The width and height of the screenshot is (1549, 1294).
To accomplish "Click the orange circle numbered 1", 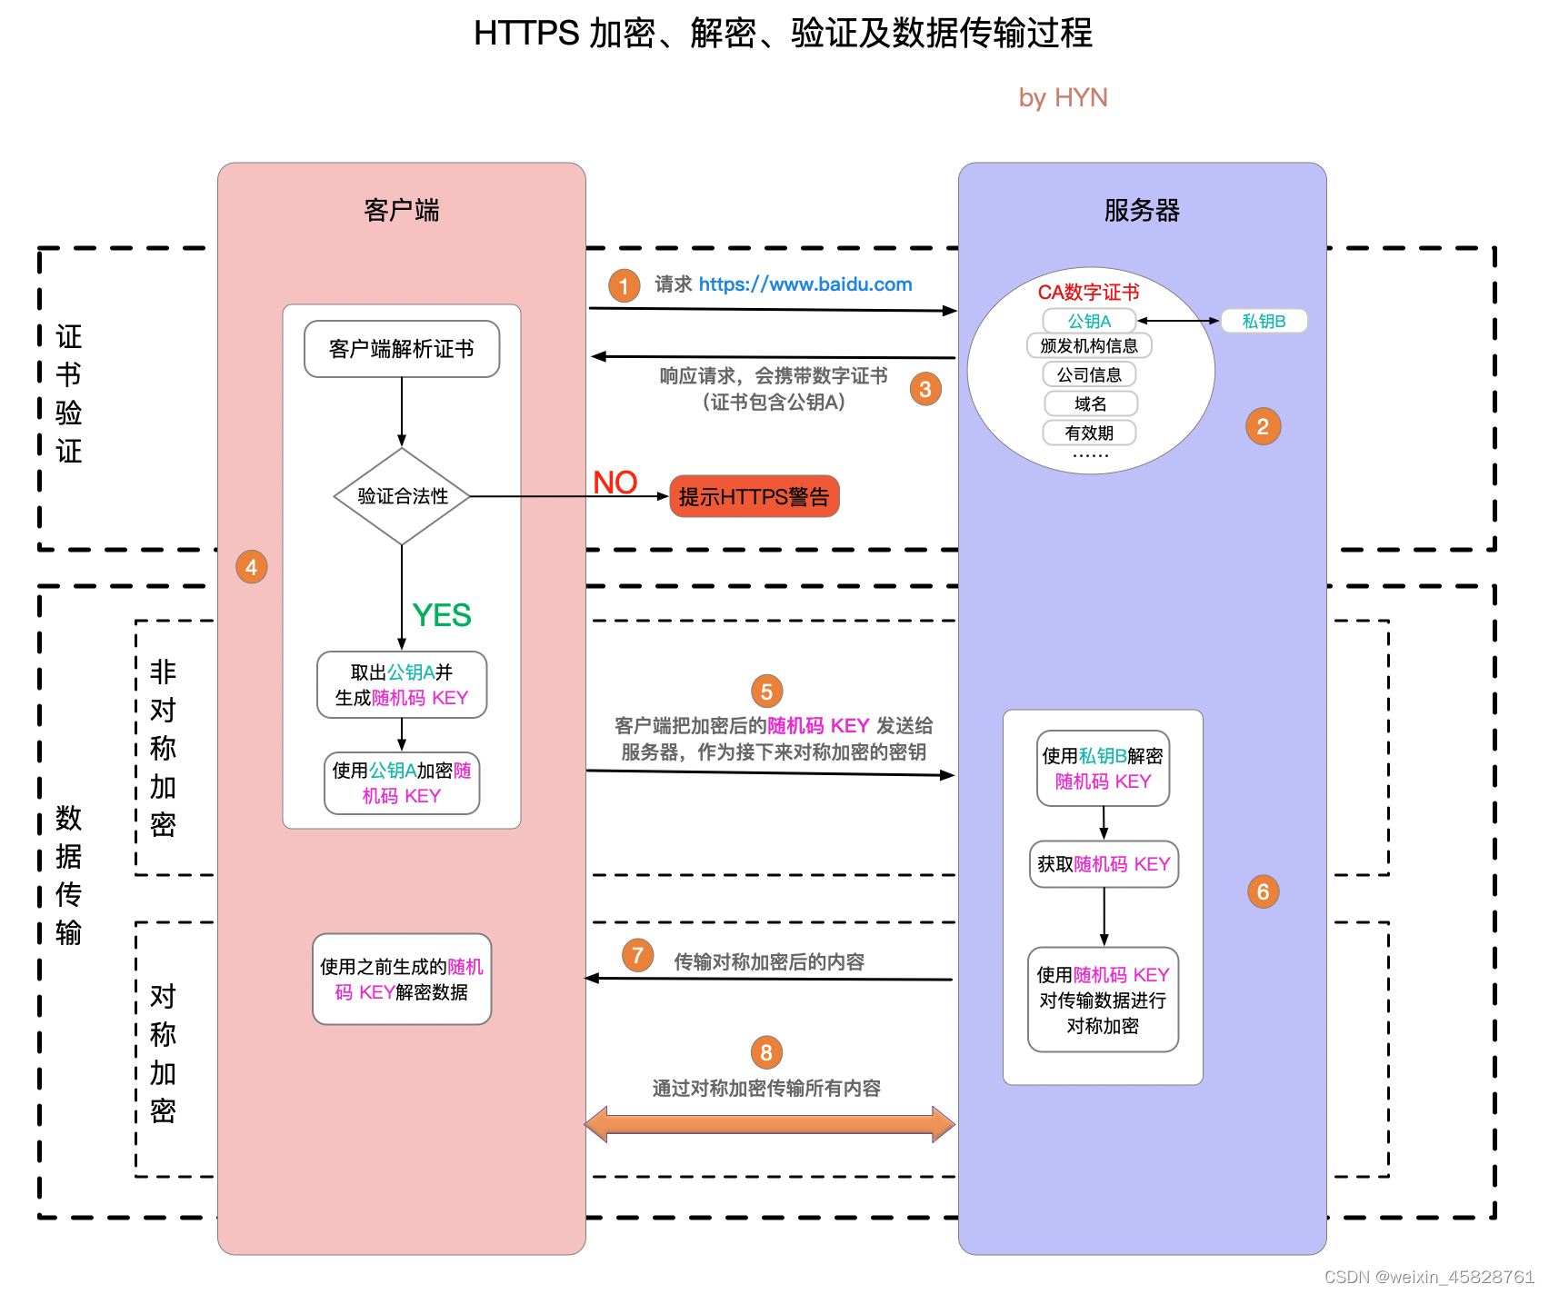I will point(624,286).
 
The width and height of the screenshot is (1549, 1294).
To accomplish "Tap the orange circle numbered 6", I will point(1263,891).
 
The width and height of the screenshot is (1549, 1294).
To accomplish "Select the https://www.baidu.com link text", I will point(804,284).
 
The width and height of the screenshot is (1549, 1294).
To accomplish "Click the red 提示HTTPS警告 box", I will point(754,497).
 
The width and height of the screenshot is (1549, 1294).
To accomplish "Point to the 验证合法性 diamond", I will point(402,496).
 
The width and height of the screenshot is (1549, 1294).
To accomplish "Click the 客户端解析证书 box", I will point(402,349).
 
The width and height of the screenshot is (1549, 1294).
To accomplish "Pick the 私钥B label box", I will point(1264,321).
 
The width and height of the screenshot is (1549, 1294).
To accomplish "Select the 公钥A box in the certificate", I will point(1089,321).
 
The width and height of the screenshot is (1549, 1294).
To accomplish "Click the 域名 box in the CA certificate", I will point(1090,403).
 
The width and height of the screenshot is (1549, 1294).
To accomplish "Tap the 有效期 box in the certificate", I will point(1089,433).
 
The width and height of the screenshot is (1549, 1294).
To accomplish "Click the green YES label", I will point(442,615).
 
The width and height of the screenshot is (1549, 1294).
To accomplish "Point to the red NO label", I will point(615,483).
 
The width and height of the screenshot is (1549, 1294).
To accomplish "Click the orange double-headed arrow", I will point(769,1124).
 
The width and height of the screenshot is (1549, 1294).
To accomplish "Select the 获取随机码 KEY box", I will point(1104,864).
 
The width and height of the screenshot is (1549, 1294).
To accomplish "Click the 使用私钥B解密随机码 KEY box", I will point(1103,769).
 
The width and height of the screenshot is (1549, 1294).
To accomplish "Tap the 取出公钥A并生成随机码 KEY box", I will point(402,685).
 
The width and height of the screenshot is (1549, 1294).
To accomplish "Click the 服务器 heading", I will point(1142,211).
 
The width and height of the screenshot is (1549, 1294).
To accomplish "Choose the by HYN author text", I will point(1063,98).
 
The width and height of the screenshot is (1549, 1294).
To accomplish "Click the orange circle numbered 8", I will point(766,1052).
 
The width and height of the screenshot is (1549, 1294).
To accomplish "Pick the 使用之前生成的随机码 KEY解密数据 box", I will point(402,980).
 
